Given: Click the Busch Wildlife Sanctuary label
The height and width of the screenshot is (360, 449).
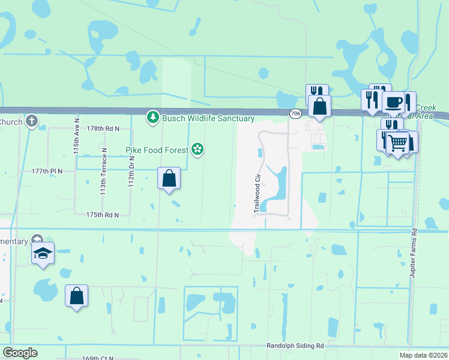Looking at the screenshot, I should pos(208,118).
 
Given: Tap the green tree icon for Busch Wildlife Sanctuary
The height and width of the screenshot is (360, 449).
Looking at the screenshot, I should pos(153,118).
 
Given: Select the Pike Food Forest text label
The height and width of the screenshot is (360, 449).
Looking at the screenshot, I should pos(157,149).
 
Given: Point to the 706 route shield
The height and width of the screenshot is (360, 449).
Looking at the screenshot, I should pos(295,113).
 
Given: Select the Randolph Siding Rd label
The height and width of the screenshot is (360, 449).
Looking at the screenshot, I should pos(295,346).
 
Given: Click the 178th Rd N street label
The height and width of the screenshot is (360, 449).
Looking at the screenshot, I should pos(103,128).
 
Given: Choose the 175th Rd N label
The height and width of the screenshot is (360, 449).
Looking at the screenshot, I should pos(103,214).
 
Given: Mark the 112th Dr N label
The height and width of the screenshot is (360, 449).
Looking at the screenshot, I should pos(130,171).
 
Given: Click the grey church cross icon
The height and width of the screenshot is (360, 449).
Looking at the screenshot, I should pos(32,121).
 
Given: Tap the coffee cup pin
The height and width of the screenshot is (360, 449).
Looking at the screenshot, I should pos(393,101).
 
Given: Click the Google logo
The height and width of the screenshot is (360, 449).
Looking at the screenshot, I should pos(20,352).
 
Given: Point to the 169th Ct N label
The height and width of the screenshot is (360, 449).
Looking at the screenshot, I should pos(98,358).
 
